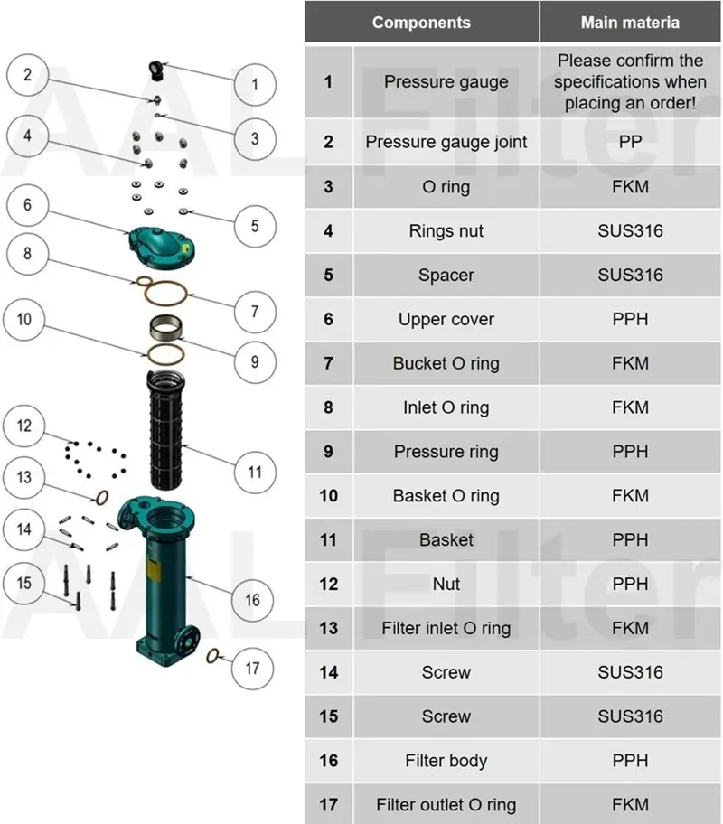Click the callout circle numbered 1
pyautogui.click(x=255, y=85)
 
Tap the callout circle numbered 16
pyautogui.click(x=252, y=599)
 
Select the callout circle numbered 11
pyautogui.click(x=255, y=472)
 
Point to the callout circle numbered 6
pyautogui.click(x=28, y=205)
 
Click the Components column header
pyautogui.click(x=421, y=22)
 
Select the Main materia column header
pyautogui.click(x=630, y=22)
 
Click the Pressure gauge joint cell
pyautogui.click(x=446, y=142)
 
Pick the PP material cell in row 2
pyautogui.click(x=630, y=142)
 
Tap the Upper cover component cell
pyautogui.click(x=446, y=319)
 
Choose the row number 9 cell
pyautogui.click(x=328, y=452)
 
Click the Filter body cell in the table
pyautogui.click(x=446, y=761)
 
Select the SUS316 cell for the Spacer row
pyautogui.click(x=630, y=275)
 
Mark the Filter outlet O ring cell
pyautogui.click(x=446, y=805)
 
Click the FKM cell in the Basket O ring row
pyautogui.click(x=630, y=496)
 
